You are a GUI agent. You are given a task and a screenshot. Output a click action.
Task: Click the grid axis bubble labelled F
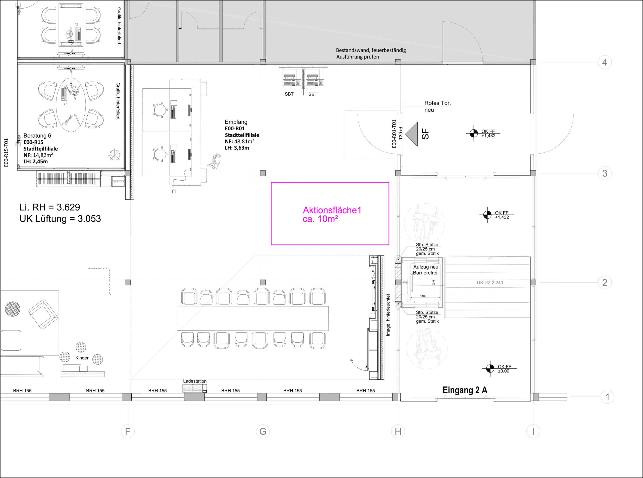tap(128, 432)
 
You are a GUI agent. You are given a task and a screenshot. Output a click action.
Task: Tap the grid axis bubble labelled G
tap(263, 432)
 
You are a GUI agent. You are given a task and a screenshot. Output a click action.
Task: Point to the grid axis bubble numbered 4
tap(605, 62)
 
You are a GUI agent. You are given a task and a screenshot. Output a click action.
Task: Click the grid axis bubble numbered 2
tap(605, 282)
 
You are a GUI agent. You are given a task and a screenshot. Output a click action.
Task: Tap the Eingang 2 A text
tap(465, 390)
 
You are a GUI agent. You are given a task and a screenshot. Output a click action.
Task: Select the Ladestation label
tap(195, 381)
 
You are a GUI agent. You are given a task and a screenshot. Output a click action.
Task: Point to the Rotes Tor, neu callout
tap(437, 106)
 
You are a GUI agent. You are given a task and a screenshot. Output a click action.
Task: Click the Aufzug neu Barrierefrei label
tap(425, 270)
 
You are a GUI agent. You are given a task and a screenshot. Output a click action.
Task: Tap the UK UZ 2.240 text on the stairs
tap(490, 283)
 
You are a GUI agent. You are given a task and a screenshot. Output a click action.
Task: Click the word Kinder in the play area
tap(82, 358)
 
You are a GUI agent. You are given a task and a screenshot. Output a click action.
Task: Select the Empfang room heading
tap(236, 122)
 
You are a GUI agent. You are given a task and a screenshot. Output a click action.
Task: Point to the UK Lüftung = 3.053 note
tap(60, 219)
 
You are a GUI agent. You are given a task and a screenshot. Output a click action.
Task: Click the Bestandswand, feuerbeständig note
tap(371, 50)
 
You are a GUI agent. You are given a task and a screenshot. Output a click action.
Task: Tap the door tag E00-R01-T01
tap(394, 134)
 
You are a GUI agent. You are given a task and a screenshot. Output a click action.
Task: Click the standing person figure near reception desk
tap(215, 161)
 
